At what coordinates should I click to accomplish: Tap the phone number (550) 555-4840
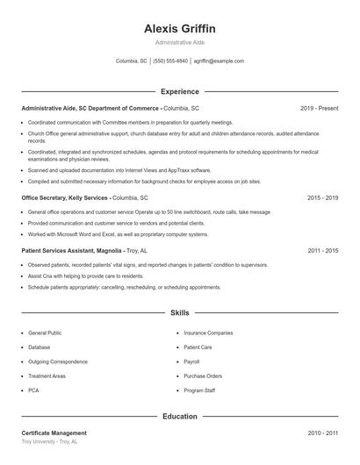[x=170, y=61]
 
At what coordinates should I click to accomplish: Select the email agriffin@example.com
[x=219, y=61]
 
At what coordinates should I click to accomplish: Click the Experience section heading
[x=180, y=91]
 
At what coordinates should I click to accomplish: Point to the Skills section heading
[x=180, y=312]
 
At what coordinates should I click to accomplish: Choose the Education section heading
[x=180, y=416]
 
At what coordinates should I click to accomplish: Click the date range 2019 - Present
[x=319, y=108]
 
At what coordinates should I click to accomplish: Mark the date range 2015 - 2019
[x=322, y=198]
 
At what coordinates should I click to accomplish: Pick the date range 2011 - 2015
[x=322, y=251]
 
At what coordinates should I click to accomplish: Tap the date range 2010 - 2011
[x=322, y=433]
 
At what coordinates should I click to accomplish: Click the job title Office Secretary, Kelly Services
[x=65, y=198]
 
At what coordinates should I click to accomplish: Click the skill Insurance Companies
[x=208, y=333]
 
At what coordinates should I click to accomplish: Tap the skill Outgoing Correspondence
[x=58, y=361]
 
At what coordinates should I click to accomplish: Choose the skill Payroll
[x=191, y=361]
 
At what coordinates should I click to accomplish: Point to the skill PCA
[x=33, y=390]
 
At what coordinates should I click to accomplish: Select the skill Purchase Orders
[x=203, y=376]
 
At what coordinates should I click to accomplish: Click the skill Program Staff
[x=199, y=390]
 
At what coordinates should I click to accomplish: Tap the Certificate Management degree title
[x=54, y=433]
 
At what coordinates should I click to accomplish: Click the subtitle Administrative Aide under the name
[x=180, y=42]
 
